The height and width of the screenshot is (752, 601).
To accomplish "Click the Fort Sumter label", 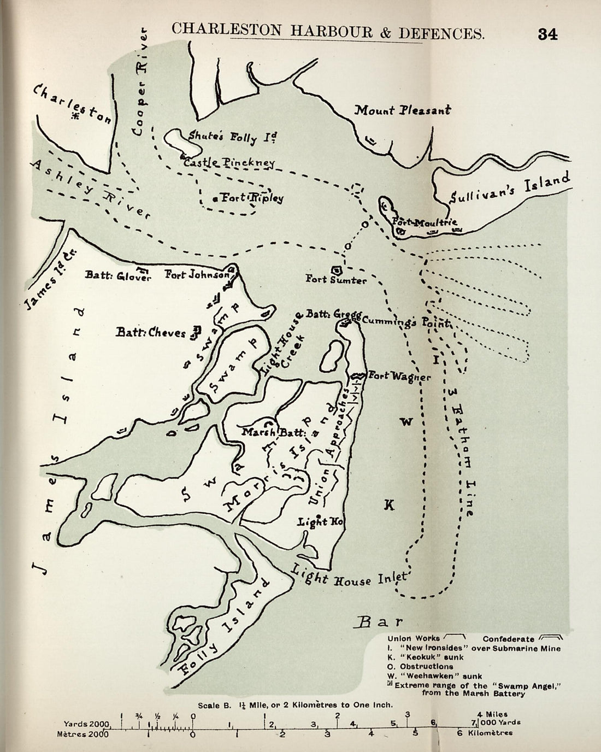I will coord(336,279).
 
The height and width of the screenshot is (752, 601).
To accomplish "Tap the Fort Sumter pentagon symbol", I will coord(337,269).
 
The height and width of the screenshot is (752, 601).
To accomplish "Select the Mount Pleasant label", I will coord(403,110).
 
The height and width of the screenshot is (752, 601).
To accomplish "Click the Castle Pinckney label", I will coord(229,163).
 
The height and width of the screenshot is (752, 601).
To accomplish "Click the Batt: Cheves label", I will coord(151,332).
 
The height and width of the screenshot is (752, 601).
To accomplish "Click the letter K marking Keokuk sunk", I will coord(388,505).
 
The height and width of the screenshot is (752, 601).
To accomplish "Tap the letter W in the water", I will coord(406,421).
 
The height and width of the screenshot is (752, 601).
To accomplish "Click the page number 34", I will coord(547,34).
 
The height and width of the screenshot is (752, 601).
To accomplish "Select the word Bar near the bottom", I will coord(380,621).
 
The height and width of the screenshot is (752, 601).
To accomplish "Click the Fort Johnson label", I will coord(197,275).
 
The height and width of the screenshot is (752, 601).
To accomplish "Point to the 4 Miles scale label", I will coord(492,714).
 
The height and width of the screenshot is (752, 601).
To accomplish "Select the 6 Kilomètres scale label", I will coord(485,733).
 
